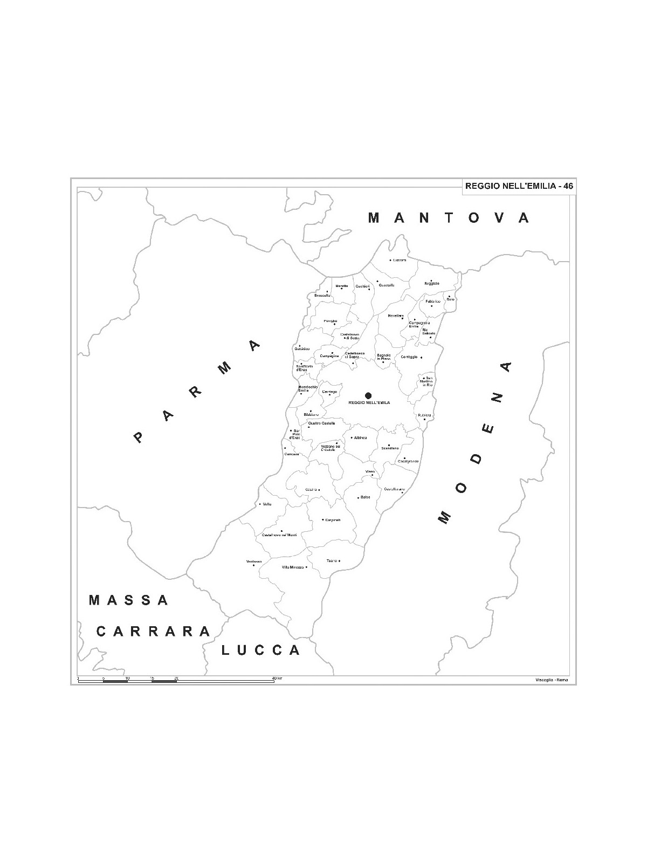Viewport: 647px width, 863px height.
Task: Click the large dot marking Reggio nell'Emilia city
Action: (368, 395)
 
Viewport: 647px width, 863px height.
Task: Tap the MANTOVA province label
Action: (448, 218)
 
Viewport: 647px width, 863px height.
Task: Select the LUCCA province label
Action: (261, 650)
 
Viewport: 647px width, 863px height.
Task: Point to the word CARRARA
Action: (153, 631)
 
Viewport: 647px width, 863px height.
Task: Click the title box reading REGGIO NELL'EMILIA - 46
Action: (519, 186)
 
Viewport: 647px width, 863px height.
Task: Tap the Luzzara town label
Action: (400, 261)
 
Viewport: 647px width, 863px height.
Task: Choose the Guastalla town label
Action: (387, 285)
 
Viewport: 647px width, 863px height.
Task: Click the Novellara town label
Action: (395, 316)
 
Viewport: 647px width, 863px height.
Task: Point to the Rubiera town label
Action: (424, 415)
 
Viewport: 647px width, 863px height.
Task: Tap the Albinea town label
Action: (360, 437)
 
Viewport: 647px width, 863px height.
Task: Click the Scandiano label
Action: (390, 448)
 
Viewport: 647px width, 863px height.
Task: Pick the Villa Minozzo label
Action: (293, 567)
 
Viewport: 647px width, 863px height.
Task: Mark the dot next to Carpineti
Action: (323, 520)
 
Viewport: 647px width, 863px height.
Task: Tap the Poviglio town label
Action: (330, 321)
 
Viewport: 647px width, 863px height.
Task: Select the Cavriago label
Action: (329, 392)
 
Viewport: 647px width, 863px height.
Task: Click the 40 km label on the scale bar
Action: (277, 678)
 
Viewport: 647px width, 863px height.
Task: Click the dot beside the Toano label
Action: (339, 561)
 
